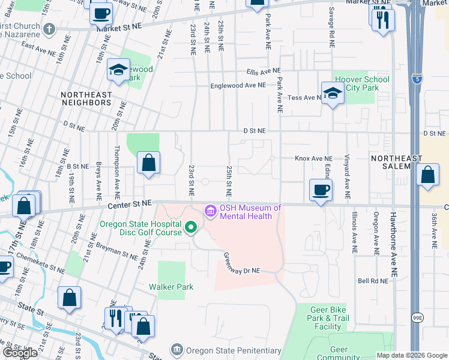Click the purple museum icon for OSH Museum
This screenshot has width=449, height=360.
[211, 211]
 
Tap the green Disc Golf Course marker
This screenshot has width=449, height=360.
[191, 227]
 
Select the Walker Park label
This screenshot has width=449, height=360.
[171, 287]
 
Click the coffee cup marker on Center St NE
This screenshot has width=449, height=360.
[320, 190]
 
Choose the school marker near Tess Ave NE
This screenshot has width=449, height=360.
[331, 93]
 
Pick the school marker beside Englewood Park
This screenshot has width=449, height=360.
[118, 70]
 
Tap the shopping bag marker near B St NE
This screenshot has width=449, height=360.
[148, 163]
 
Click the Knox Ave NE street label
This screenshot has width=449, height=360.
[313, 158]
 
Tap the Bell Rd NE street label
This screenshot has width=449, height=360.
[372, 280]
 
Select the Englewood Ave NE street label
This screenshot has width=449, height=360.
[238, 86]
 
